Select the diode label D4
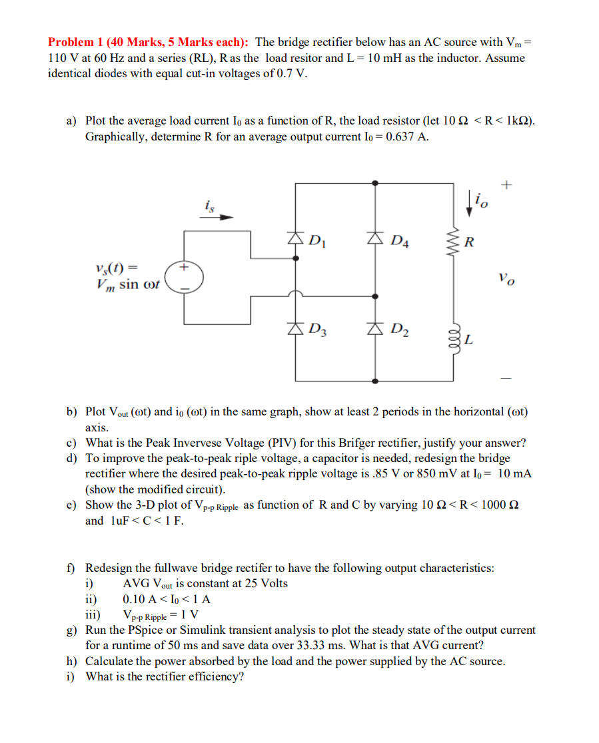(x=400, y=241)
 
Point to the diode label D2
(x=400, y=328)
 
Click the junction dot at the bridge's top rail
(x=376, y=182)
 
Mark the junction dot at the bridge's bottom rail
(x=376, y=381)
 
